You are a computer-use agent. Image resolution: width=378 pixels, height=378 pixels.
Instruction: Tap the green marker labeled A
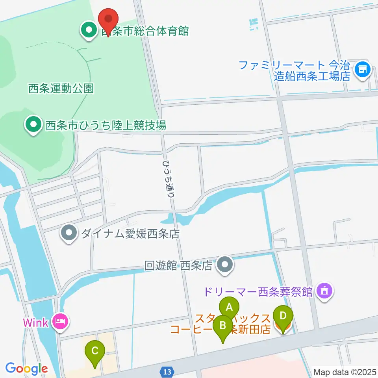pos(229,306)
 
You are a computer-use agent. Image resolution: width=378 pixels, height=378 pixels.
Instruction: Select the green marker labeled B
pos(223,326)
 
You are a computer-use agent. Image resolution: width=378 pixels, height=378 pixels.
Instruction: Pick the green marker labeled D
pos(283,316)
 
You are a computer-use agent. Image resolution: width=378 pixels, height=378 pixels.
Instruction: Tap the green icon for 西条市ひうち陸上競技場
pos(33,126)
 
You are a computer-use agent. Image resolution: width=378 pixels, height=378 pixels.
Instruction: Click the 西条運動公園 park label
pos(61,89)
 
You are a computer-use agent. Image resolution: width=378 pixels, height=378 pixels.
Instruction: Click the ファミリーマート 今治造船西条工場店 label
pos(295,70)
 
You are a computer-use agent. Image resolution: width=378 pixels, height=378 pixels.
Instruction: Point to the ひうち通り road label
pos(170,178)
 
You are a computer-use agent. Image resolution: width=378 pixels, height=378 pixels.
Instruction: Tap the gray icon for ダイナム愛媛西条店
pos(69,234)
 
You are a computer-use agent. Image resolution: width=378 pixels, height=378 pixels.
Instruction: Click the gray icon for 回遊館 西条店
pos(225,266)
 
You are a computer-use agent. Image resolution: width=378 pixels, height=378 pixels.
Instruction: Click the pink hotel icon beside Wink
pos(61,322)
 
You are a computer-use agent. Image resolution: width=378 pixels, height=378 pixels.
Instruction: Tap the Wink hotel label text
pos(35,322)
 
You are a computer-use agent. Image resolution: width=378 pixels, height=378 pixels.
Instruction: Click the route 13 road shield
pos(167,371)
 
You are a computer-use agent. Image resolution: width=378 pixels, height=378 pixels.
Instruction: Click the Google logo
pos(26,368)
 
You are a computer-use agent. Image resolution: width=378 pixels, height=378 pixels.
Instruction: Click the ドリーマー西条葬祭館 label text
pos(258,292)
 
